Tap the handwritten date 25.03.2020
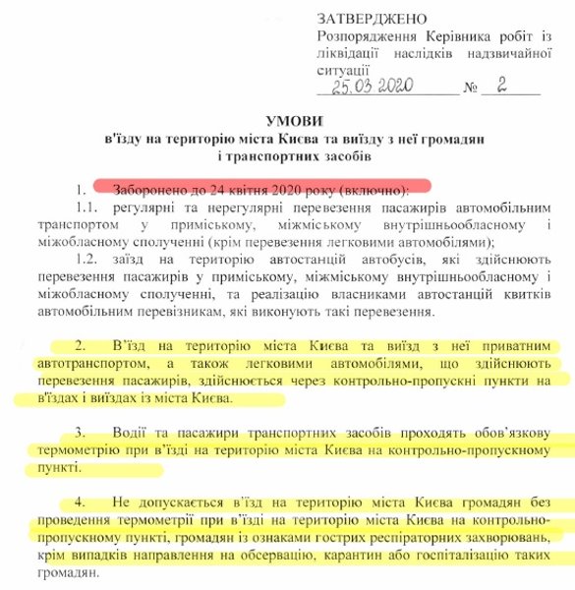coord(375,87)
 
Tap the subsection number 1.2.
coord(86,259)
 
